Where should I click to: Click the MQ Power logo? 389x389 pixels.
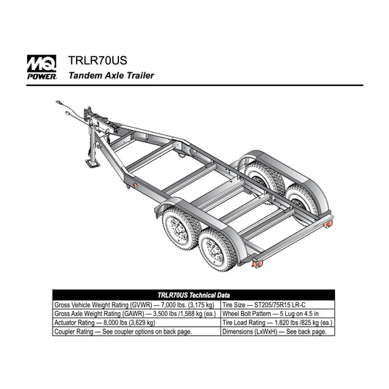click(42, 67)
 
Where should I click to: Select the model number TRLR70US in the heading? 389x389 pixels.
click(98, 61)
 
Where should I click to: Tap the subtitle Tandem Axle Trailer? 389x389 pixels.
click(112, 75)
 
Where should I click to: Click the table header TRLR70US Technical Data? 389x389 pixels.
click(193, 296)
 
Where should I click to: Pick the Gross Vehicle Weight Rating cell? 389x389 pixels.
click(136, 304)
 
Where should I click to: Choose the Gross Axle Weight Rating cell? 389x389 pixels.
click(136, 314)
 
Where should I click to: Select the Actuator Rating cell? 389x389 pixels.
click(136, 323)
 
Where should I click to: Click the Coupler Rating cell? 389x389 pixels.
click(136, 331)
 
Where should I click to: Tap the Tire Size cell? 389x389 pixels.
click(277, 304)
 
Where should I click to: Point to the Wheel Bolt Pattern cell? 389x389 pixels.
click(277, 314)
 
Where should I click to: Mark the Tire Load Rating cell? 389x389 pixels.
click(277, 323)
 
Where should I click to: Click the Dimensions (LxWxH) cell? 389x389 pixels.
click(277, 331)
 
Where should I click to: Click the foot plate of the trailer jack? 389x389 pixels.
click(93, 163)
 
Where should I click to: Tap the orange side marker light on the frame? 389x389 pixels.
click(135, 185)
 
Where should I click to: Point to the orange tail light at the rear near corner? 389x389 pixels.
click(258, 263)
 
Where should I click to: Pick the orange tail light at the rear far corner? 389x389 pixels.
click(328, 224)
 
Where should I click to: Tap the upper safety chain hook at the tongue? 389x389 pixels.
click(58, 102)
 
